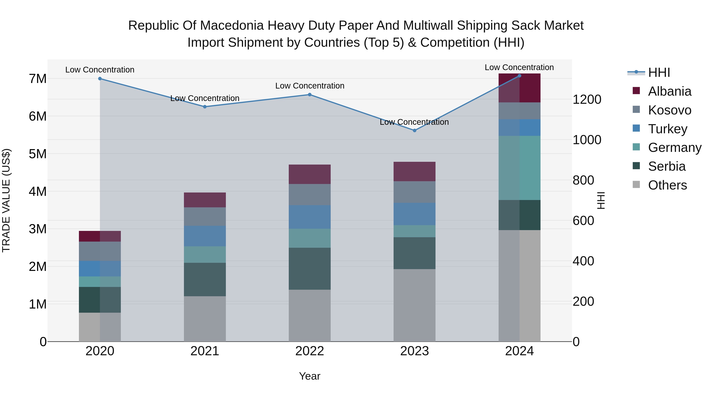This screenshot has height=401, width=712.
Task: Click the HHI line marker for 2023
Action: point(414,130)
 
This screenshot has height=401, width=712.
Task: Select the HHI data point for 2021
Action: point(205,107)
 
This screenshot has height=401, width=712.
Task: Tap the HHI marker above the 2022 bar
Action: point(310,95)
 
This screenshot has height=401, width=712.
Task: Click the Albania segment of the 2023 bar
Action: point(414,171)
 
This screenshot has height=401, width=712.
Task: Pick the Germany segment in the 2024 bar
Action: point(519,168)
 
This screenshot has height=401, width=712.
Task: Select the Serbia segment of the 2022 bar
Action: point(310,269)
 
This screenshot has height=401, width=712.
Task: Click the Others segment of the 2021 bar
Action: point(205,319)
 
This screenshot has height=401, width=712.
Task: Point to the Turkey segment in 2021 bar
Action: point(205,236)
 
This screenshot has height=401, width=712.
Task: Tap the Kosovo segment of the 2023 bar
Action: point(414,192)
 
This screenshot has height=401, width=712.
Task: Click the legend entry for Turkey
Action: point(667,129)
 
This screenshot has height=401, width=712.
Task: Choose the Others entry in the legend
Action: point(667,185)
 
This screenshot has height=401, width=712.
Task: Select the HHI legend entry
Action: point(659,72)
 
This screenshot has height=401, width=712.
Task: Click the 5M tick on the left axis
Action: point(38,154)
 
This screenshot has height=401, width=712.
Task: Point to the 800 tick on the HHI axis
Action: point(583,180)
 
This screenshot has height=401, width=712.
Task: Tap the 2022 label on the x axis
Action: point(310,351)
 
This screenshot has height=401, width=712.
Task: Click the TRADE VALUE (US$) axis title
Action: point(6,200)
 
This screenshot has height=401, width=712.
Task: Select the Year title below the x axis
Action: point(310,376)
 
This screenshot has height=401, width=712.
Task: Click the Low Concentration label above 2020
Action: point(100,70)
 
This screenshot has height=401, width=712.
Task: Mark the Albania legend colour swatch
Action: point(636,91)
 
